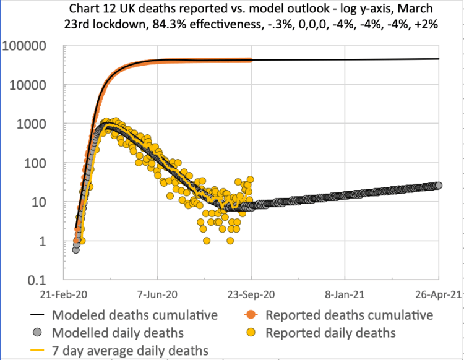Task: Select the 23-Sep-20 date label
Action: pos(251,296)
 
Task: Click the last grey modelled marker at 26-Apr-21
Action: pos(438,185)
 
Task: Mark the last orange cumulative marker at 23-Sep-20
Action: pos(251,60)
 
